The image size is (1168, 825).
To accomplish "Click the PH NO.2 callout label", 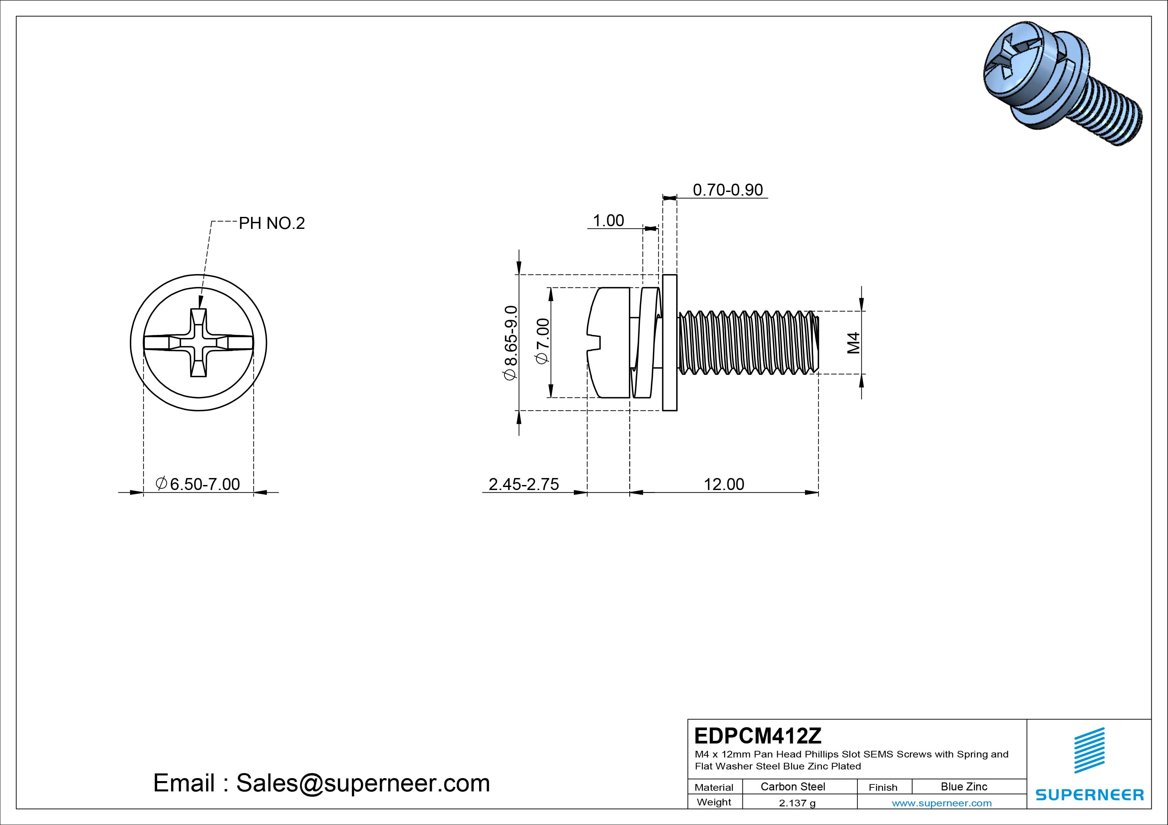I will coord(272,223).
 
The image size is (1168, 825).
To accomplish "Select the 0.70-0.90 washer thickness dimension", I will coord(728,190).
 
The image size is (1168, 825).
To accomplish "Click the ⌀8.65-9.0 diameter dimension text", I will coord(510,342).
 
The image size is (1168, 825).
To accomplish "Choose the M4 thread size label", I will coord(854,343).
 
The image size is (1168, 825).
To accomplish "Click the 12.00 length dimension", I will coord(724,484).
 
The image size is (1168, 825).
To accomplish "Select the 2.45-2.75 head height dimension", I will coord(523,484).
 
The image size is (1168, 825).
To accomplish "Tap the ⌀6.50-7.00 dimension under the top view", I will coord(198,484).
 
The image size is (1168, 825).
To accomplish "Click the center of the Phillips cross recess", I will coord(198,343).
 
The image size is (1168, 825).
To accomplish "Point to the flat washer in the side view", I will coord(670,343).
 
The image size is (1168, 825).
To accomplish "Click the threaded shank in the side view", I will coord(748,343).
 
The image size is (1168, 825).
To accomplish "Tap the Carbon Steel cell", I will coord(792,786).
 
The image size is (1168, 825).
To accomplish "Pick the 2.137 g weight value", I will coord(797,803).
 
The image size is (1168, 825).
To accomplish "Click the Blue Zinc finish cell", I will coord(964,786).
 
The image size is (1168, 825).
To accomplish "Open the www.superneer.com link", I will coord(942,803).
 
